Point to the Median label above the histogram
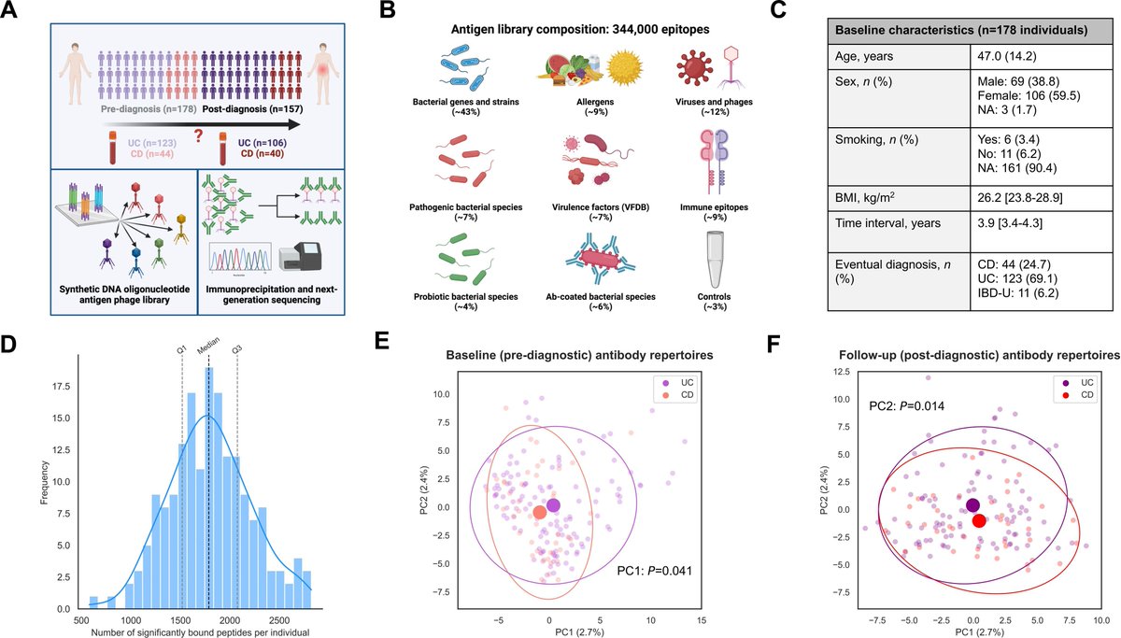click(207, 346)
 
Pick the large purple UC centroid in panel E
click(554, 505)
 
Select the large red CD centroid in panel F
click(978, 521)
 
